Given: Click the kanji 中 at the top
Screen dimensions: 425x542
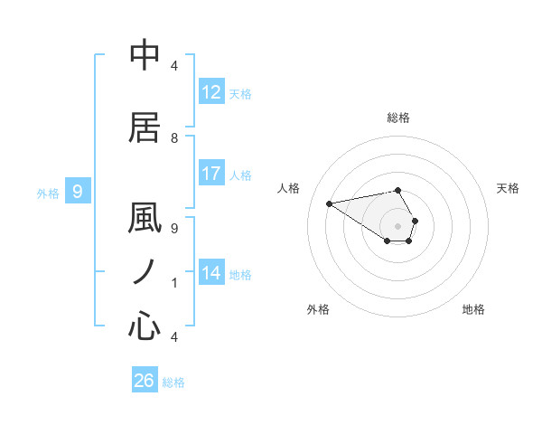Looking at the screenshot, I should (145, 55).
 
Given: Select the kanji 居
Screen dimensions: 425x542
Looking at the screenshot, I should (145, 128).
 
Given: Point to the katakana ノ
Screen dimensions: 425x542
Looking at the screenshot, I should (145, 272).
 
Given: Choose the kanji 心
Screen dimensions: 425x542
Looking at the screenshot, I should (145, 325).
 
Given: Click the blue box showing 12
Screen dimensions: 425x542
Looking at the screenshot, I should (211, 92).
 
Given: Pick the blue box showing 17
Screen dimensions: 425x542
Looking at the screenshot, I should (211, 174).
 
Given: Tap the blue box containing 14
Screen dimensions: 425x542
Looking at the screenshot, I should (211, 273).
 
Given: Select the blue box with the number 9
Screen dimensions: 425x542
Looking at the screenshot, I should (78, 191).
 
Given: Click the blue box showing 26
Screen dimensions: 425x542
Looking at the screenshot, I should (145, 381).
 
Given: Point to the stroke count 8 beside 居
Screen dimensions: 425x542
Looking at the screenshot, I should (174, 137).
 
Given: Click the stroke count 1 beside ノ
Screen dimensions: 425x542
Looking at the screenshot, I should (174, 282).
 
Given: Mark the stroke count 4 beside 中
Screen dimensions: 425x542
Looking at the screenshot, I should (174, 65).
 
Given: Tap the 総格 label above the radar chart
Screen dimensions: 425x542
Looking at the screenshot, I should (398, 118).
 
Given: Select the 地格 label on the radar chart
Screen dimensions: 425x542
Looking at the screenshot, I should (473, 309).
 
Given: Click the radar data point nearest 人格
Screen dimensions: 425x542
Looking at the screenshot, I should (329, 203).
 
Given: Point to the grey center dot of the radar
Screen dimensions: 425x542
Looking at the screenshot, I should (398, 225).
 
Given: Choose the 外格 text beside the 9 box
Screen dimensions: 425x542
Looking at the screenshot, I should (48, 193).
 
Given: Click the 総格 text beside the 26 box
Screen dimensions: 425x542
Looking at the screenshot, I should (173, 382).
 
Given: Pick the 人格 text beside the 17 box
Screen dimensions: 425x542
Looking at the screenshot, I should (240, 175).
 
